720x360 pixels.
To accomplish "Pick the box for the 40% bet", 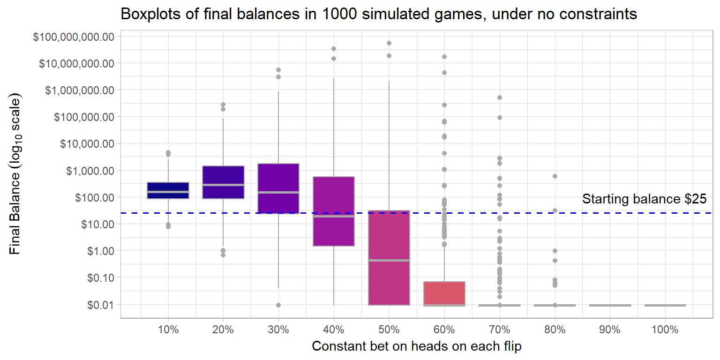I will tap(334, 211).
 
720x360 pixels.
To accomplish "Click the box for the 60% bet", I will tap(444, 293).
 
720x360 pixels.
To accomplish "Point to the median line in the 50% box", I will tap(389, 260).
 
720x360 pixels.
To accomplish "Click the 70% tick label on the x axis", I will tap(500, 330).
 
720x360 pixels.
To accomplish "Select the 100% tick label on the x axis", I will tap(665, 330).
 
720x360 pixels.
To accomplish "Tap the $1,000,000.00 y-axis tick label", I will tap(80, 90).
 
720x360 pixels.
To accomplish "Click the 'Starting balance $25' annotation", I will tap(644, 199).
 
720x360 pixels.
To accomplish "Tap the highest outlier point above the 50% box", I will tap(389, 43).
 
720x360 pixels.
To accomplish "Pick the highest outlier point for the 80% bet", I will tap(555, 176).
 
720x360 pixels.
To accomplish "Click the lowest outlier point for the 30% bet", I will tap(278, 305).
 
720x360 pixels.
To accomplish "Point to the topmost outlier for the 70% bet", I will tap(500, 97).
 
